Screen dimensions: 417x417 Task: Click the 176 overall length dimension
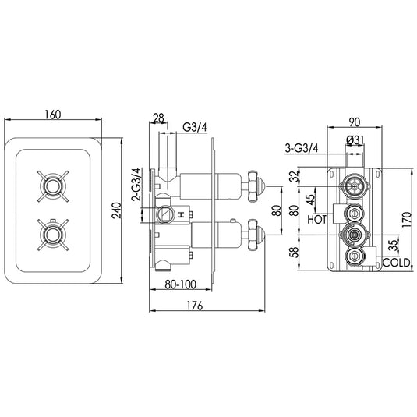coord(198,306)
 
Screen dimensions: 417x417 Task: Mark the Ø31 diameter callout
coord(355,140)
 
